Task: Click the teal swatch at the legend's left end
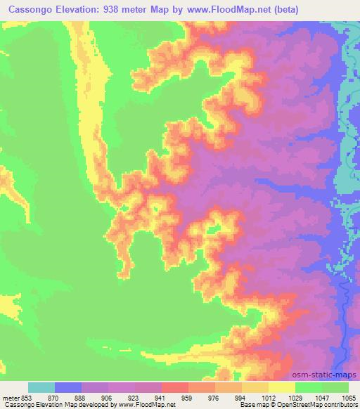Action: click(41, 387)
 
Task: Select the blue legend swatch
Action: click(68, 387)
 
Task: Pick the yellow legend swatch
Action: click(282, 387)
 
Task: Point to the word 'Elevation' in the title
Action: click(84, 10)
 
